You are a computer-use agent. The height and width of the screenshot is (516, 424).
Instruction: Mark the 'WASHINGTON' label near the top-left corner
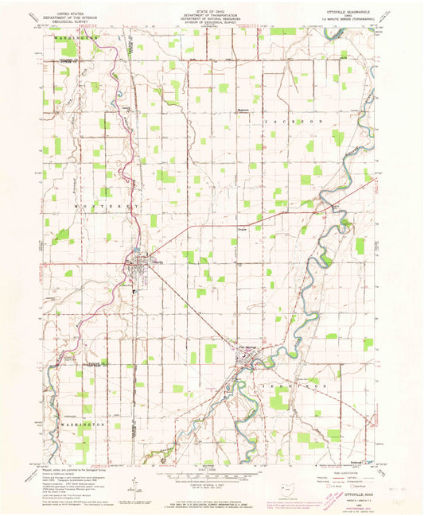click(76, 37)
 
